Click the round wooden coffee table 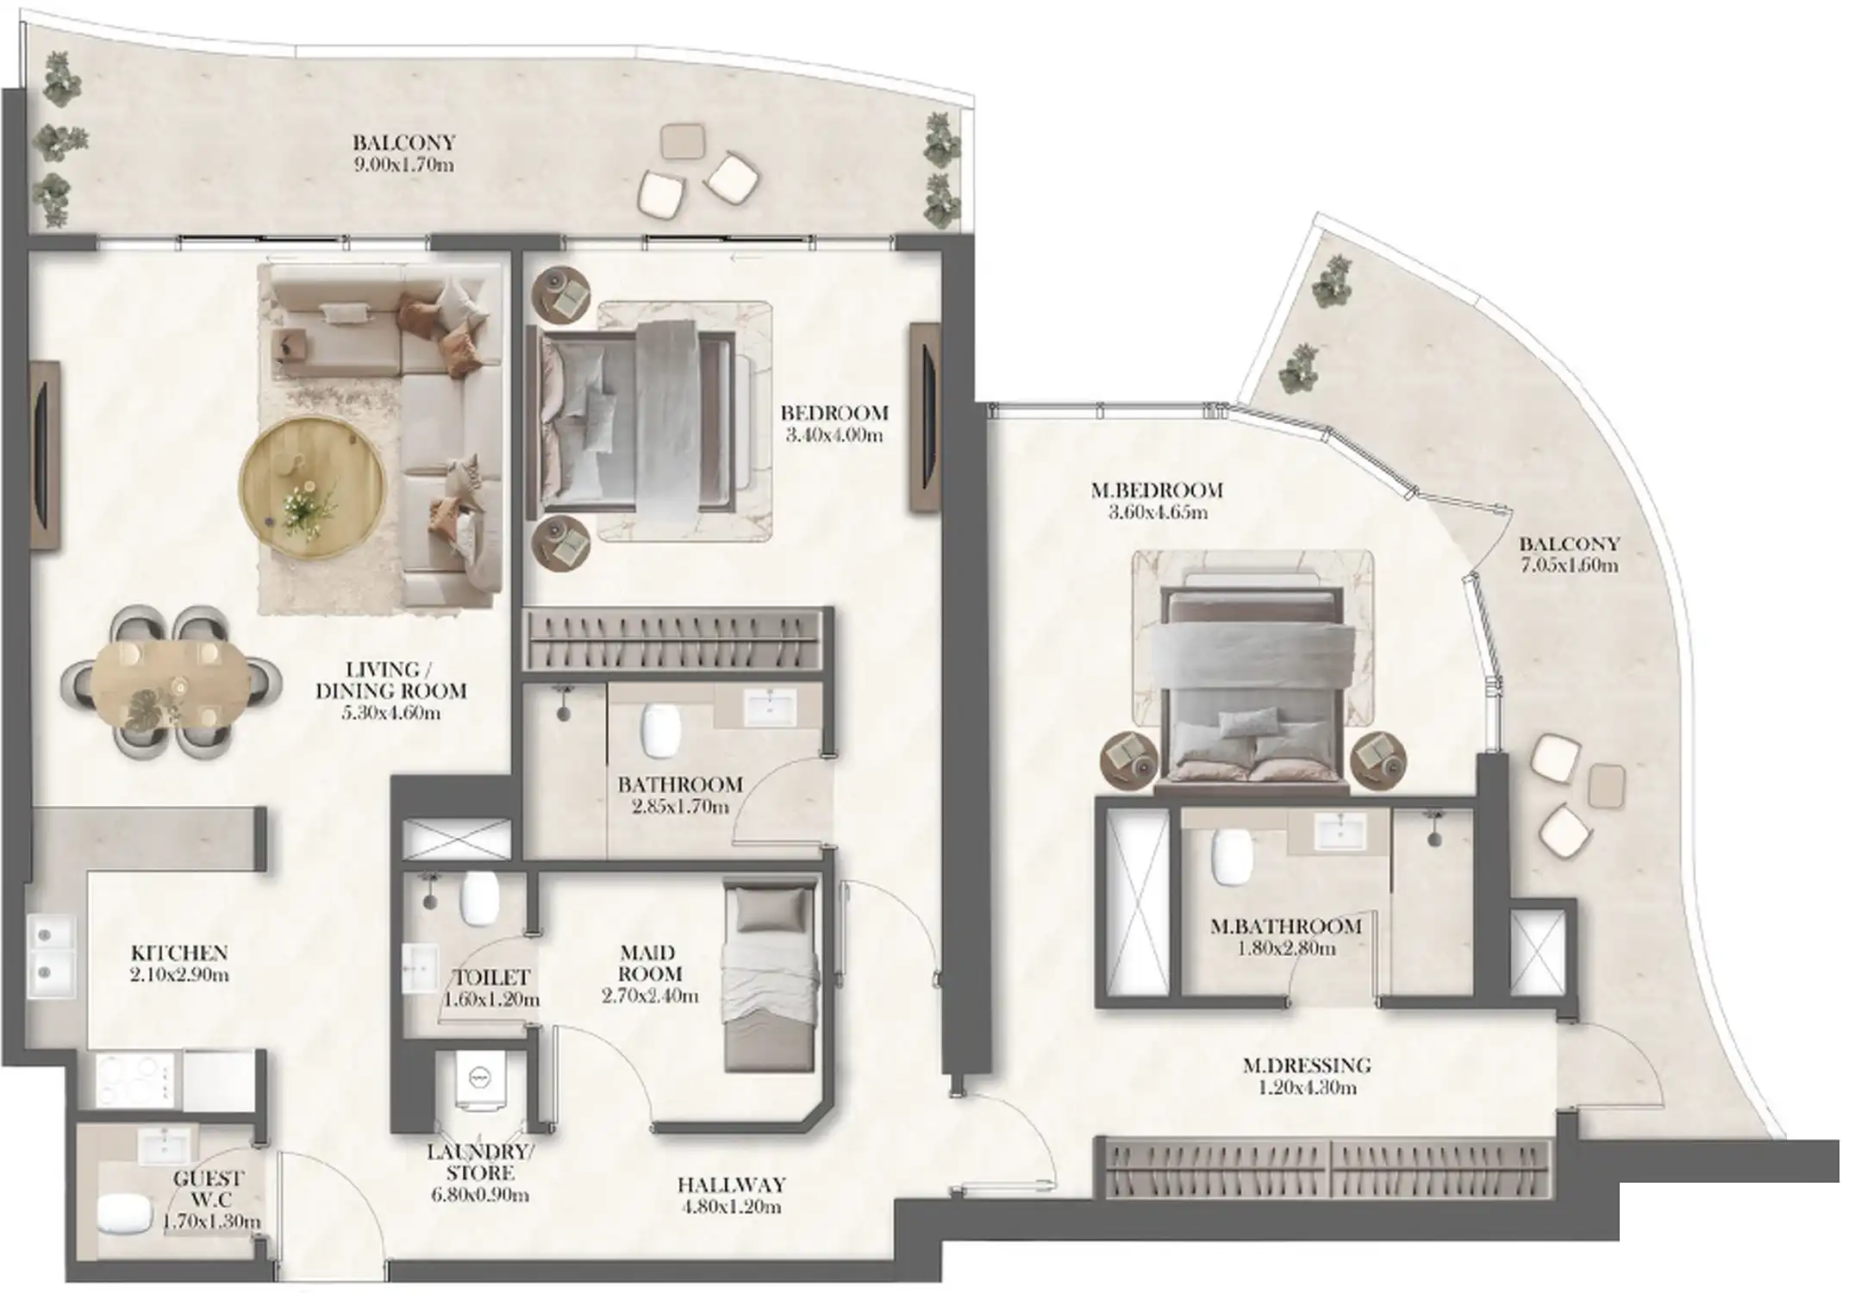(x=313, y=489)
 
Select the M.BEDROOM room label (x=1156, y=490)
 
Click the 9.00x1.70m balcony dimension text (x=403, y=165)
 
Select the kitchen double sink (x=52, y=955)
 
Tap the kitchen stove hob (x=133, y=1078)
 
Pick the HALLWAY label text (x=731, y=1185)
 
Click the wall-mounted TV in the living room (x=43, y=455)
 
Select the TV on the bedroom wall (x=924, y=417)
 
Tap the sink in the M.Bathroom (x=1338, y=832)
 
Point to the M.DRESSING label (x=1307, y=1065)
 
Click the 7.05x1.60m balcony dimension (x=1568, y=566)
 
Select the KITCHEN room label (x=179, y=953)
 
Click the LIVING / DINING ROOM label (x=390, y=680)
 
